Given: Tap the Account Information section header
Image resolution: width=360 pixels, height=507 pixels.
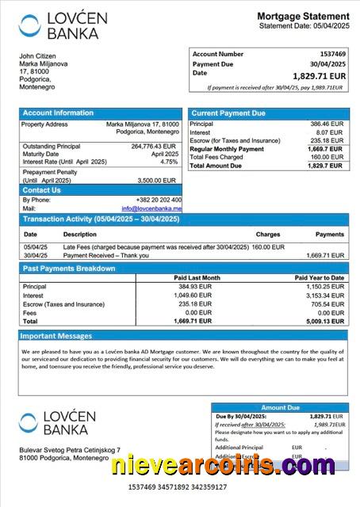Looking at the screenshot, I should pyautogui.click(x=58, y=113).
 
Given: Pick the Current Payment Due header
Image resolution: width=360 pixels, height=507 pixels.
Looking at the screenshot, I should pyautogui.click(x=228, y=113).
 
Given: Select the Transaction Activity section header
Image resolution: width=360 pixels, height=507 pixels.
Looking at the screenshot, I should pyautogui.click(x=101, y=219).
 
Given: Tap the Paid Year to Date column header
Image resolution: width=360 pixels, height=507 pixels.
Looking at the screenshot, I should pyautogui.click(x=320, y=278).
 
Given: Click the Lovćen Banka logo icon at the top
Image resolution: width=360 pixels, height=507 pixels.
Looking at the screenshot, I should pyautogui.click(x=29, y=25).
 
